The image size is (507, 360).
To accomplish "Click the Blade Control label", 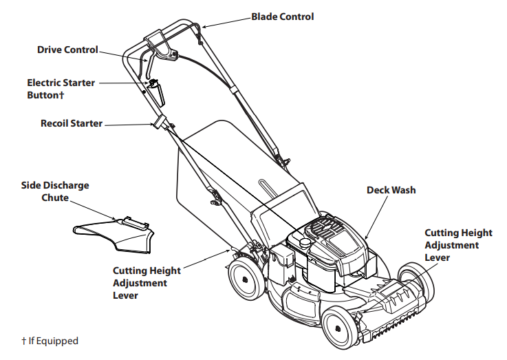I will click(x=282, y=17).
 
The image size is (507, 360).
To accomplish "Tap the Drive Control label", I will click(x=67, y=50).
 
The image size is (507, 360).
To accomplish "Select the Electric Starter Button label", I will click(x=61, y=88).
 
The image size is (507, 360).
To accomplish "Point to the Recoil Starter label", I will click(x=72, y=124).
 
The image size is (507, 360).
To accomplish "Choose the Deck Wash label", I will click(x=391, y=190).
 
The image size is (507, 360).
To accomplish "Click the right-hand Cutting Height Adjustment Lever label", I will click(x=451, y=245).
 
